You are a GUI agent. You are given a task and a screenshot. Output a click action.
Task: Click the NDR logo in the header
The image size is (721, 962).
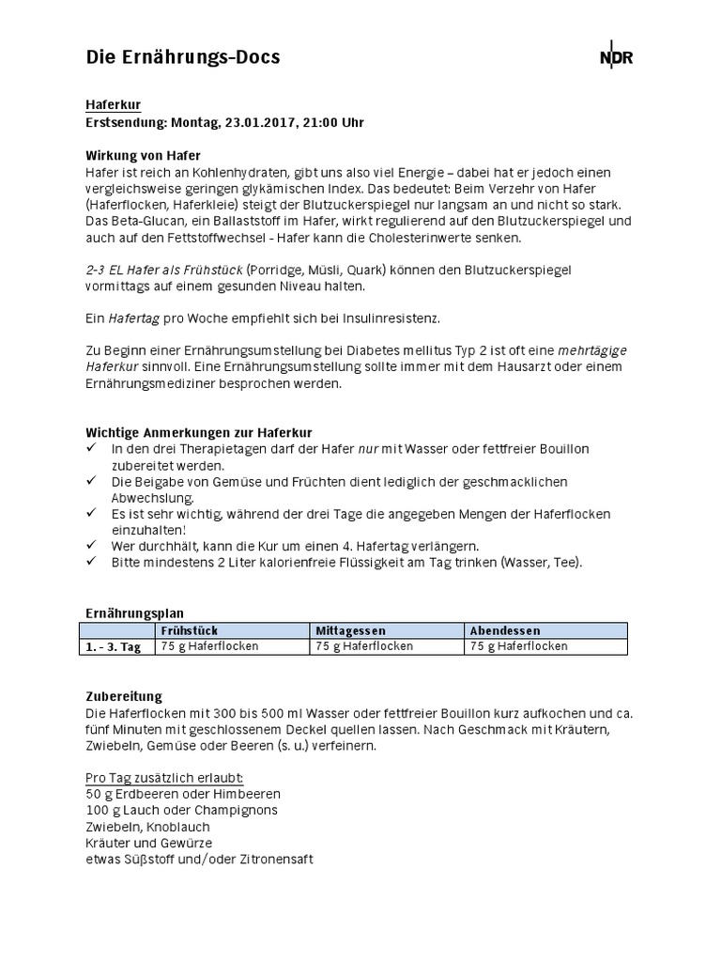616,57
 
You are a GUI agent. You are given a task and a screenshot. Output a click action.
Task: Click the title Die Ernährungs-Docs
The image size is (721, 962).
183,57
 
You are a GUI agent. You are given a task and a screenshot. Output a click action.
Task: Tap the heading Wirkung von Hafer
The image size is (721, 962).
143,155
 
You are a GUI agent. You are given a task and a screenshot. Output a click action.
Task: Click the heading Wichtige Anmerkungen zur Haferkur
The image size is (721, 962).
198,432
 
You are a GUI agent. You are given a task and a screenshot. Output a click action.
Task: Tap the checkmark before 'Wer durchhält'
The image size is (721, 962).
91,545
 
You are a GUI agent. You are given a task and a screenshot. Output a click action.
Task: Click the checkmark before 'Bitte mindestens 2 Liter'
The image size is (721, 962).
91,561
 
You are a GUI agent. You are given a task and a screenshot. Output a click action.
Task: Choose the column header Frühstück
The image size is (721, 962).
190,630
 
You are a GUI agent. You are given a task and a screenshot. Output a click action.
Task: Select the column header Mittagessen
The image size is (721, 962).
350,630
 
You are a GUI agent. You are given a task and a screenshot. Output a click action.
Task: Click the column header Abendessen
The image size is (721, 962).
505,630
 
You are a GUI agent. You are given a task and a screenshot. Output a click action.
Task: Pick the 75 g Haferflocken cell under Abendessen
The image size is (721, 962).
518,646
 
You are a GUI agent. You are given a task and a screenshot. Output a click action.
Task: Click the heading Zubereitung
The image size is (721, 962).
124,696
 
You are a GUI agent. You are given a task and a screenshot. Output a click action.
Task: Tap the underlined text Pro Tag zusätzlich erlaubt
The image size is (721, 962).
164,778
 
